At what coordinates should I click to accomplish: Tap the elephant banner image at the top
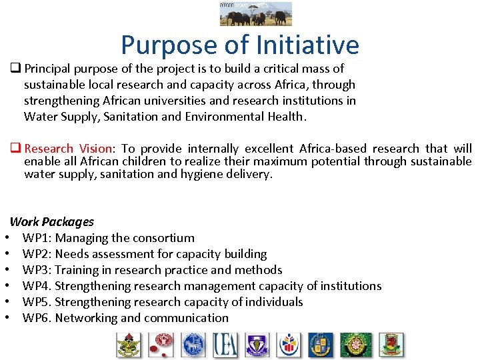256,13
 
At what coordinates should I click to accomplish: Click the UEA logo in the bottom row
225,345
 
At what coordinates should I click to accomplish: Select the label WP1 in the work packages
37,238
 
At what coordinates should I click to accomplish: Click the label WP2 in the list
37,254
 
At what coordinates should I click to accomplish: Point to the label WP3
37,270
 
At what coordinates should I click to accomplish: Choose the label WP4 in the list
37,286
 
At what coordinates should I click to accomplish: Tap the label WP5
37,302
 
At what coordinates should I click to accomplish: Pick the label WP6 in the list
37,318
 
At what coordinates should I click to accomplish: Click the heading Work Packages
52,222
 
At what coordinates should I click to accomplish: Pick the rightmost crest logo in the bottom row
391,345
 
